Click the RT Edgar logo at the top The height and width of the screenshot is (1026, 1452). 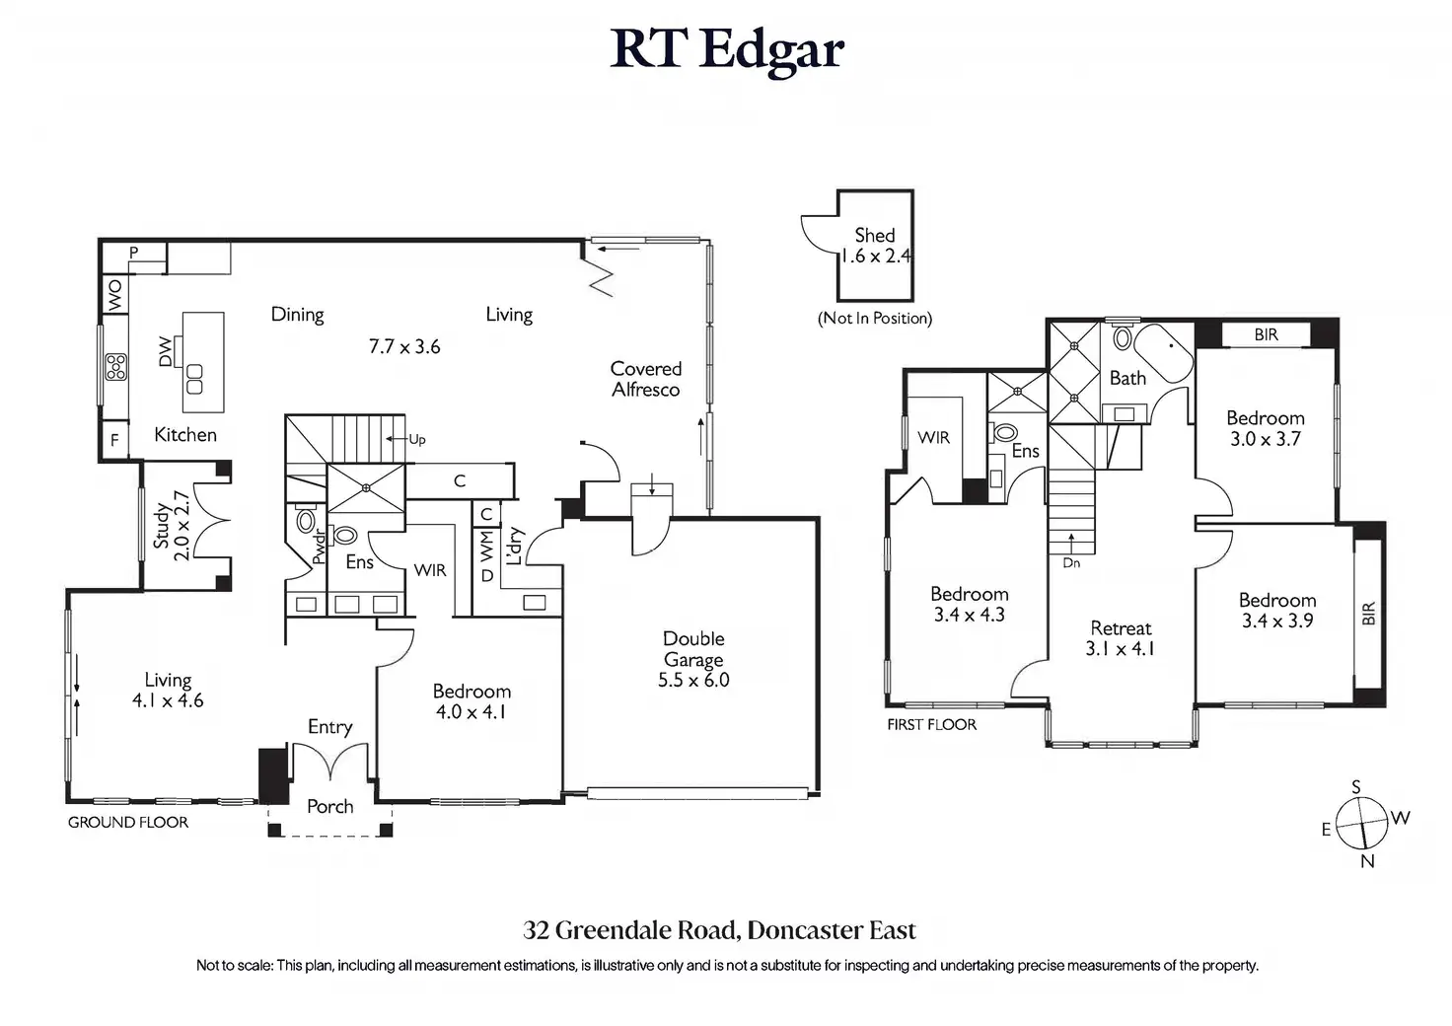click(727, 50)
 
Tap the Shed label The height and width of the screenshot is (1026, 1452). click(874, 235)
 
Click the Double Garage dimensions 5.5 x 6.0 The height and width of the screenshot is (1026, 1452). click(693, 680)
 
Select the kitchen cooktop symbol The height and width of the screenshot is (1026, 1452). click(116, 366)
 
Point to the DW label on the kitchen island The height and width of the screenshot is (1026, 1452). click(166, 352)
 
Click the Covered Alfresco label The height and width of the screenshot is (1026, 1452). click(646, 379)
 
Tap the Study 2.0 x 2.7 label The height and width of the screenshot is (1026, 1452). click(171, 526)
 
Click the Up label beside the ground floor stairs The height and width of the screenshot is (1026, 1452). click(417, 440)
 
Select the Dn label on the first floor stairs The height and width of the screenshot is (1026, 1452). click(1071, 562)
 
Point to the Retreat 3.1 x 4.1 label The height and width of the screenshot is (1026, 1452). click(1121, 638)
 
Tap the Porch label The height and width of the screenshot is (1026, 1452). click(329, 806)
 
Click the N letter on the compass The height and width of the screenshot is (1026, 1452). click(1367, 860)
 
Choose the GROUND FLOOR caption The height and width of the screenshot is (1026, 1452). click(128, 822)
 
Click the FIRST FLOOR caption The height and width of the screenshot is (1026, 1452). click(931, 724)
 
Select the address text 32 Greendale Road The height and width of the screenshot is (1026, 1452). click(632, 930)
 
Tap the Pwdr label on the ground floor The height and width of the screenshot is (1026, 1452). click(319, 548)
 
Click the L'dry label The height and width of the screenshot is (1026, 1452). click(513, 546)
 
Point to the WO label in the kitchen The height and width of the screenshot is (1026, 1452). click(114, 295)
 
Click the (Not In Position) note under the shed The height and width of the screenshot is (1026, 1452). click(874, 319)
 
